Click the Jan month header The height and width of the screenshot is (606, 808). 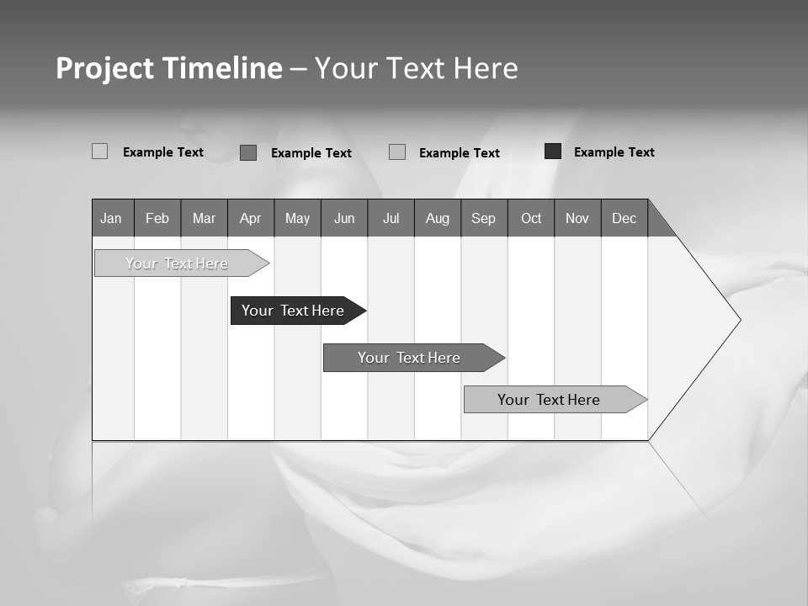[x=111, y=218]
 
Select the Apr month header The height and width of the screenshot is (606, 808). [x=250, y=218]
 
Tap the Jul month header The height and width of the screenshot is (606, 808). [x=391, y=218]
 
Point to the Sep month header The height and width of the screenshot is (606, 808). [x=483, y=218]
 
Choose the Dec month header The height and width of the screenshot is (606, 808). [x=624, y=218]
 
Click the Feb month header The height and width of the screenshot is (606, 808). [x=157, y=218]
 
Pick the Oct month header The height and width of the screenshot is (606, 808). [x=531, y=218]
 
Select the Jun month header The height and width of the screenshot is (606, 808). [x=344, y=218]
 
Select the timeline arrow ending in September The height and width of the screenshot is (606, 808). [x=412, y=358]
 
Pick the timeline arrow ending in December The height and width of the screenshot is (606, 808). [x=552, y=400]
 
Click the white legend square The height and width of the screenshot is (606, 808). [x=99, y=151]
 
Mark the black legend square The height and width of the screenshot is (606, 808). [x=553, y=151]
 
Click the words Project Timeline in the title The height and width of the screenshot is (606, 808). [x=169, y=68]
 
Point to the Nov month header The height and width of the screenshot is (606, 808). [x=577, y=218]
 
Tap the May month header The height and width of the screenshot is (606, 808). [x=297, y=218]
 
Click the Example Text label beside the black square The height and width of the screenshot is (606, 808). [x=614, y=152]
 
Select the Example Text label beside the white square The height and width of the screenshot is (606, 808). [x=163, y=152]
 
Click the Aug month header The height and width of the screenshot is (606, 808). [x=438, y=218]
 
